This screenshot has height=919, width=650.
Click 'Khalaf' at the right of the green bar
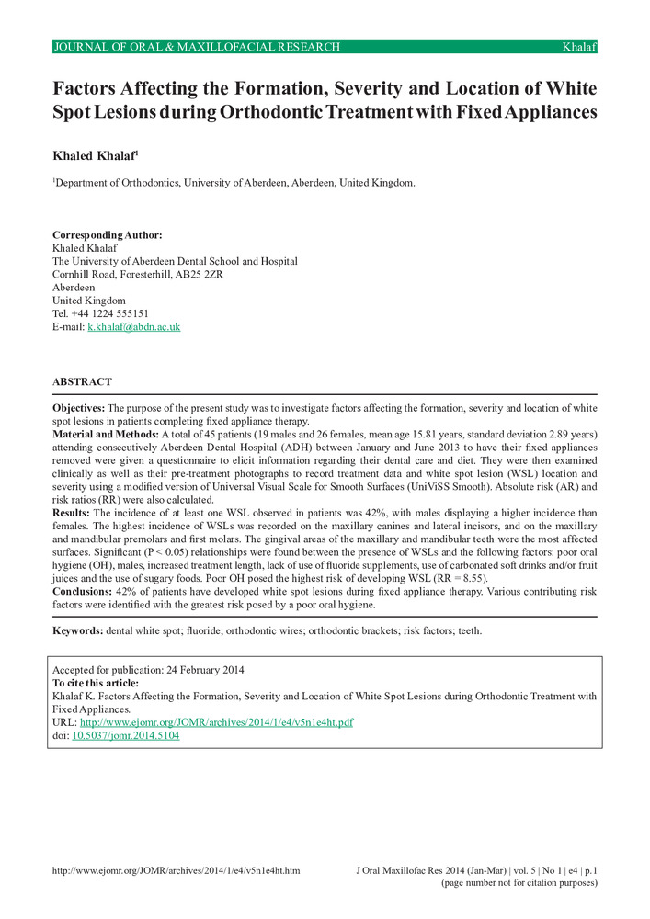tap(579, 47)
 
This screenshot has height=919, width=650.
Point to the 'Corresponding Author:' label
tap(107, 235)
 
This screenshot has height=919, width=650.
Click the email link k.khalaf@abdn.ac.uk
tap(133, 326)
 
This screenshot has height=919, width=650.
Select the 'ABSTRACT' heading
tap(82, 381)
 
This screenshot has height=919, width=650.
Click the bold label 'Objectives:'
tap(79, 407)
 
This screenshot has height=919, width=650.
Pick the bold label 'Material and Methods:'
tap(106, 433)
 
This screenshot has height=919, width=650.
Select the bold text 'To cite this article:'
tap(96, 683)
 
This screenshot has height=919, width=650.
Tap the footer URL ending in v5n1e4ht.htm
tap(176, 869)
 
